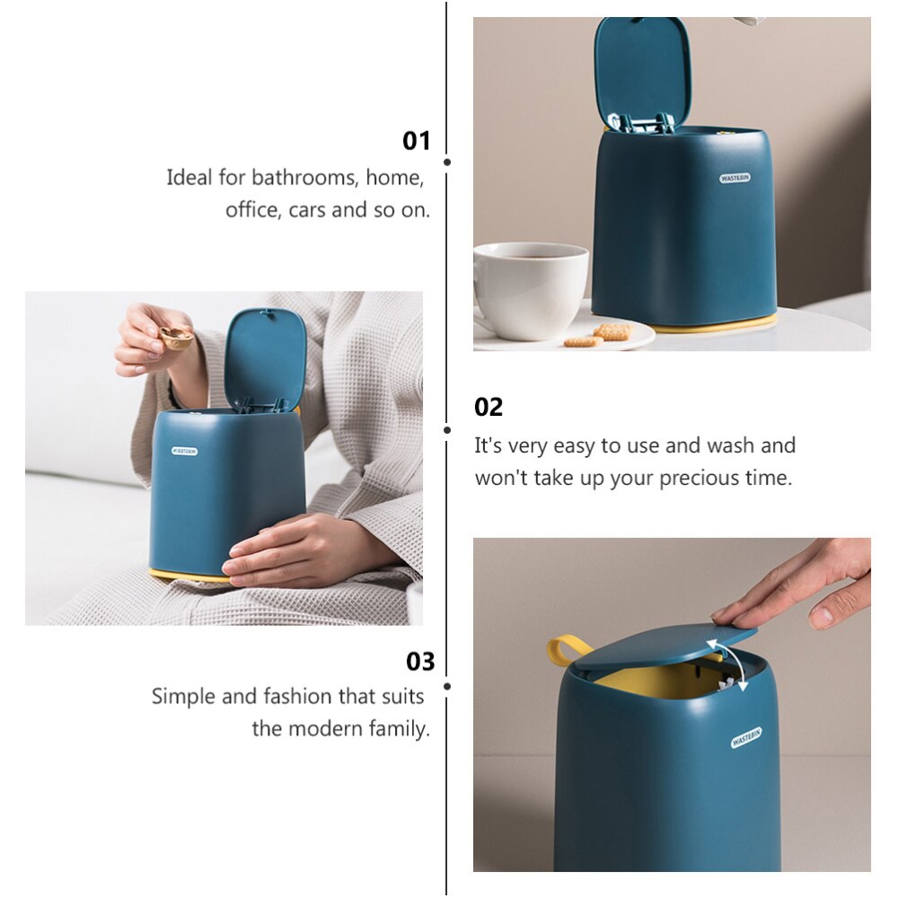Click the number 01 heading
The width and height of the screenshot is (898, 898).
[x=417, y=141]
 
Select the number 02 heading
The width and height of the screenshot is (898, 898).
[x=489, y=407]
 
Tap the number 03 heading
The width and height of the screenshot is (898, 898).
[x=420, y=662]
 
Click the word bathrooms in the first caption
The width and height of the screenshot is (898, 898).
[x=304, y=178]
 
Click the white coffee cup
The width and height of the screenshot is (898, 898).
[x=530, y=289]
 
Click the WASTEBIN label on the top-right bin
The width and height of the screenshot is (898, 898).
[x=735, y=178]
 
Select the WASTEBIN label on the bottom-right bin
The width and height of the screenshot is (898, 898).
[x=746, y=737]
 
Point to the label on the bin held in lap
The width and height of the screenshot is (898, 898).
[x=185, y=451]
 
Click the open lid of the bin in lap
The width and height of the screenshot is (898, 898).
[x=265, y=355]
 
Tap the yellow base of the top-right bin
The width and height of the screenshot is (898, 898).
[x=718, y=325]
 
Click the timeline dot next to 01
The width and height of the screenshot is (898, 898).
[x=447, y=163]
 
